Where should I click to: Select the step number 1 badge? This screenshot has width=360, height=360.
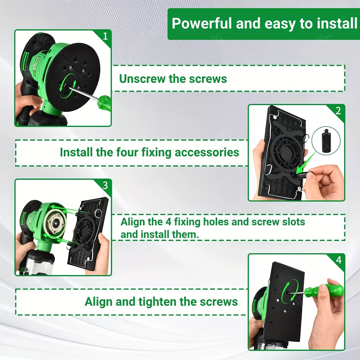coord(105,36)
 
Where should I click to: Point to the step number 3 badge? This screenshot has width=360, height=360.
coord(105,185)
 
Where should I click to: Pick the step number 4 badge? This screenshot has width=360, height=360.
coord(338,260)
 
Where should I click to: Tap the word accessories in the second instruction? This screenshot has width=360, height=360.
coord(207,152)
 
